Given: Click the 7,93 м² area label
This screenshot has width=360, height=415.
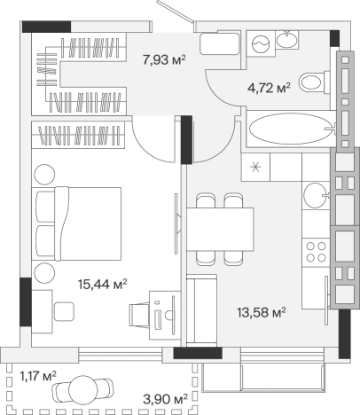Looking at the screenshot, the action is pyautogui.click(x=164, y=60).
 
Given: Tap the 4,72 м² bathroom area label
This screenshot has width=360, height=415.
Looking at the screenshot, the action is pyautogui.click(x=269, y=88).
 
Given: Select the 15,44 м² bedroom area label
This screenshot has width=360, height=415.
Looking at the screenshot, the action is pyautogui.click(x=103, y=284).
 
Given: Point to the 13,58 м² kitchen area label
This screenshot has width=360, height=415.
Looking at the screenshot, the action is pyautogui.click(x=262, y=312).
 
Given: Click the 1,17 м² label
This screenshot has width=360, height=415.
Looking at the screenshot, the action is pyautogui.click(x=38, y=376).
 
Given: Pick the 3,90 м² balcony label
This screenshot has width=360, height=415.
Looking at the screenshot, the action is pyautogui.click(x=166, y=400).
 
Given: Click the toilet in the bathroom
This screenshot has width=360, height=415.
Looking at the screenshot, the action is pyautogui.click(x=314, y=82).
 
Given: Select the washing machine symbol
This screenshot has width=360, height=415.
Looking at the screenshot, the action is pyautogui.click(x=261, y=43).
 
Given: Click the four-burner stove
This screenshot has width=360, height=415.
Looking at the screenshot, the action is pyautogui.click(x=316, y=252).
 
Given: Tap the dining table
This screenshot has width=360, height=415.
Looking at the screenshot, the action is pyautogui.click(x=220, y=230).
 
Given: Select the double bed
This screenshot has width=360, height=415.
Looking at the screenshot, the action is pyautogui.click(x=77, y=223).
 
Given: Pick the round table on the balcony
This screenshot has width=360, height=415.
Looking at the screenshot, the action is pyautogui.click(x=82, y=390).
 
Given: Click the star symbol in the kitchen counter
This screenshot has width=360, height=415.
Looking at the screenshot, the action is pyautogui.click(x=255, y=167).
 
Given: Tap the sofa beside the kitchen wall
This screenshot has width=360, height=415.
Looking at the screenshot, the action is pyautogui.click(x=201, y=310).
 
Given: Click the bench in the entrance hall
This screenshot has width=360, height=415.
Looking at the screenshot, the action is pyautogui.click(x=220, y=43).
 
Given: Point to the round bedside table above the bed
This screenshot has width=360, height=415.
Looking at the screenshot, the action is pyautogui.click(x=44, y=175).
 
